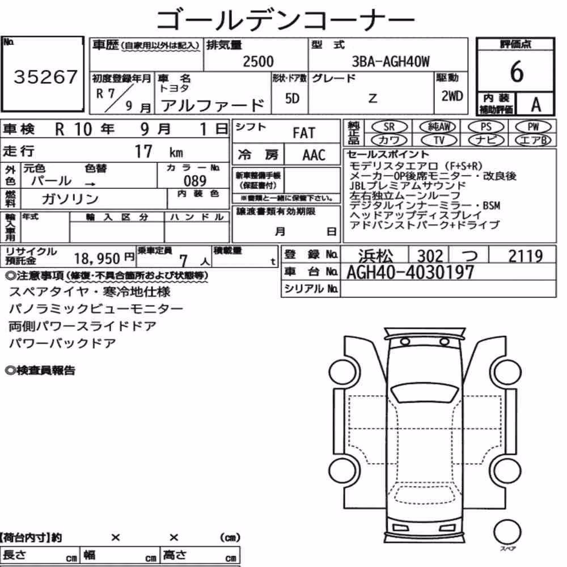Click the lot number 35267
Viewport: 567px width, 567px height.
tap(45, 77)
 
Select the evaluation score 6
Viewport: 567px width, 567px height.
tap(517, 71)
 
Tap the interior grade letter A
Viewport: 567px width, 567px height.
tap(536, 105)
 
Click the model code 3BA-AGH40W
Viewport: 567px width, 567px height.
tap(391, 62)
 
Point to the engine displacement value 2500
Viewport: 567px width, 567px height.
tap(258, 61)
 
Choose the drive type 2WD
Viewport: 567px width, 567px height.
tap(452, 96)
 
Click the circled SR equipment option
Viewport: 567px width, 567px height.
tap(390, 127)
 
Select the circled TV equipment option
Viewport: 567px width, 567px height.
tap(439, 140)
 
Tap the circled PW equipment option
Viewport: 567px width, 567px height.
tap(534, 127)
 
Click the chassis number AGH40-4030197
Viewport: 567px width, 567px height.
tap(410, 272)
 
